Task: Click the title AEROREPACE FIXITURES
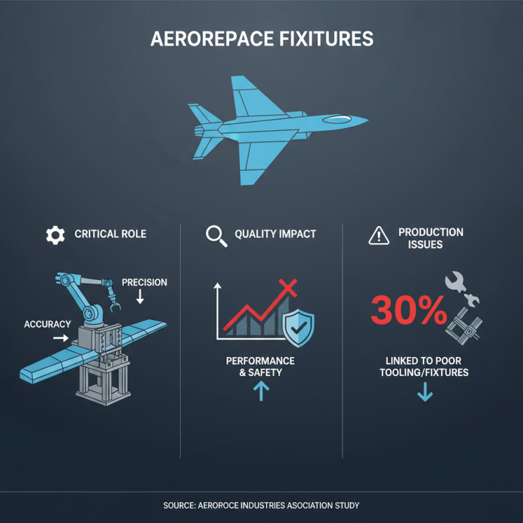pyautogui.click(x=261, y=39)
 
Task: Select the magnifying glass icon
pyautogui.click(x=216, y=235)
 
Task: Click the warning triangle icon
pyautogui.click(x=379, y=237)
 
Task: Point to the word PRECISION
pyautogui.click(x=144, y=282)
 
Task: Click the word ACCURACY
pyautogui.click(x=47, y=324)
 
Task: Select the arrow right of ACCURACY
pyautogui.click(x=61, y=338)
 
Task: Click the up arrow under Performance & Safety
pyautogui.click(x=260, y=391)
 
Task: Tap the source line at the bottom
pyautogui.click(x=261, y=505)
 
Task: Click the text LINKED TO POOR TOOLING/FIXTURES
pyautogui.click(x=426, y=366)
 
